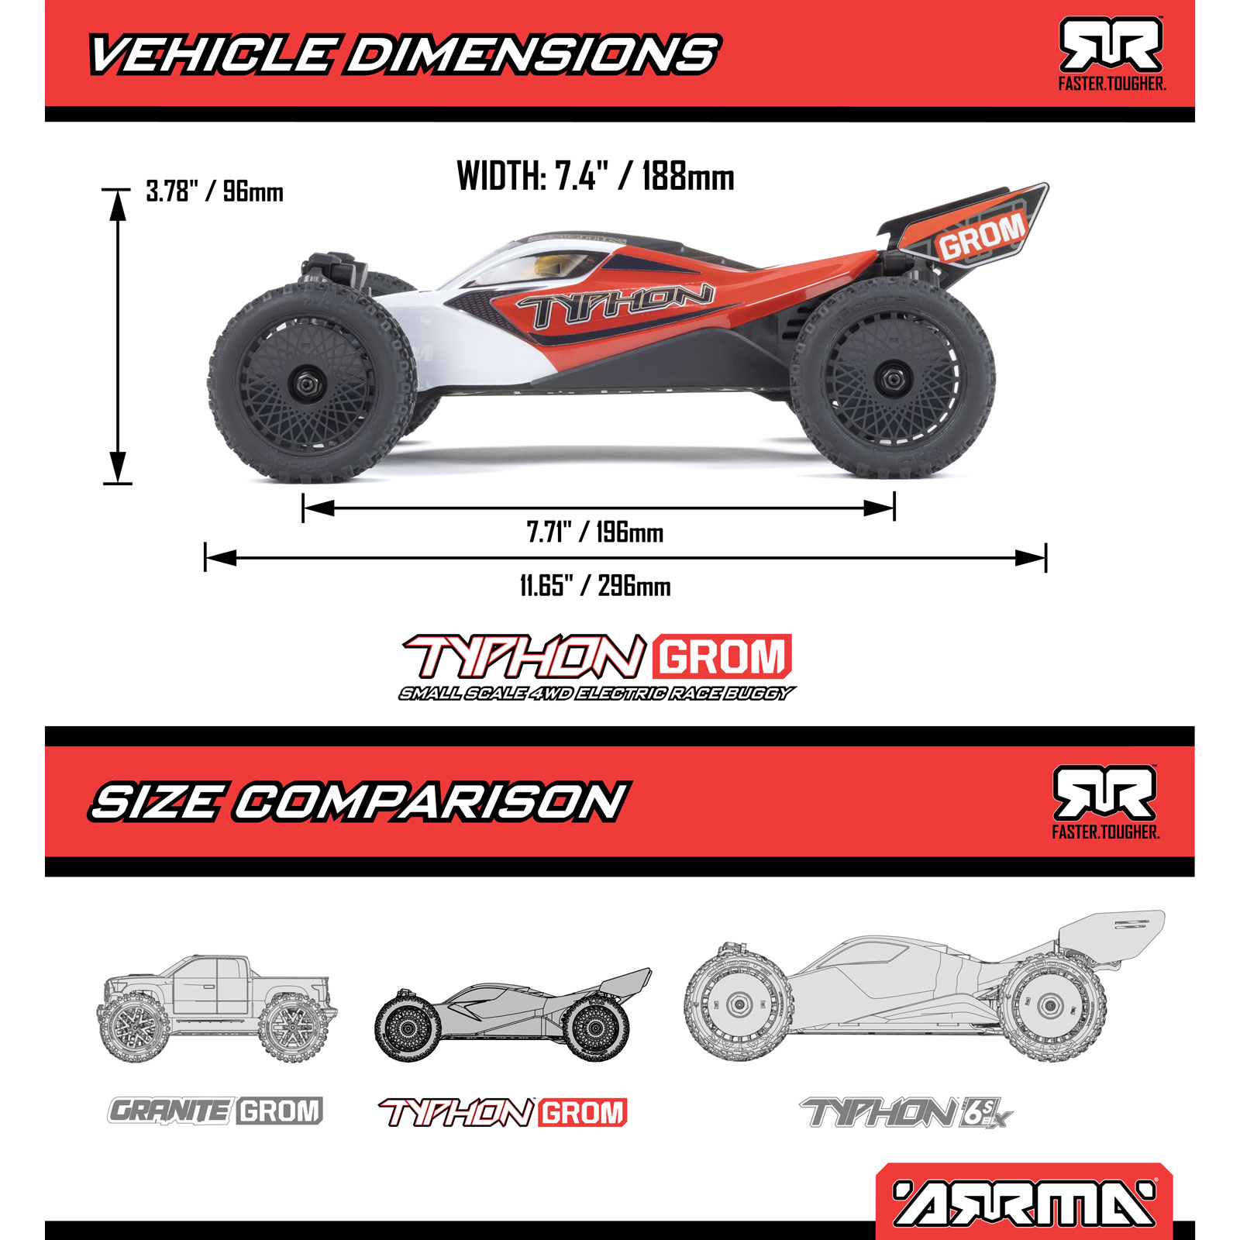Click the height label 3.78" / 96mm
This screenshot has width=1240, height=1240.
pos(215,191)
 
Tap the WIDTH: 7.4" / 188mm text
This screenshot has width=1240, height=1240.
pos(595,177)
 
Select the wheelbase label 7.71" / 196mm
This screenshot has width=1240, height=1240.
pos(594,533)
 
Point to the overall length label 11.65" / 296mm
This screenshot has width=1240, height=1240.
pos(594,586)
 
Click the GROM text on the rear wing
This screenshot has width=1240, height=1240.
pos(981,236)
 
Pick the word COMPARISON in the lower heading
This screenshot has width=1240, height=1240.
pos(430,801)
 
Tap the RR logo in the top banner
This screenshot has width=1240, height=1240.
pos(1111,46)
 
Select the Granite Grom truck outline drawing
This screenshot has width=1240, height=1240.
pos(216,1007)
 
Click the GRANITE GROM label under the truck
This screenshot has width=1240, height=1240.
pos(215,1111)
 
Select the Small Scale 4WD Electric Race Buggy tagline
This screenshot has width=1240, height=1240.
pos(597,694)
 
